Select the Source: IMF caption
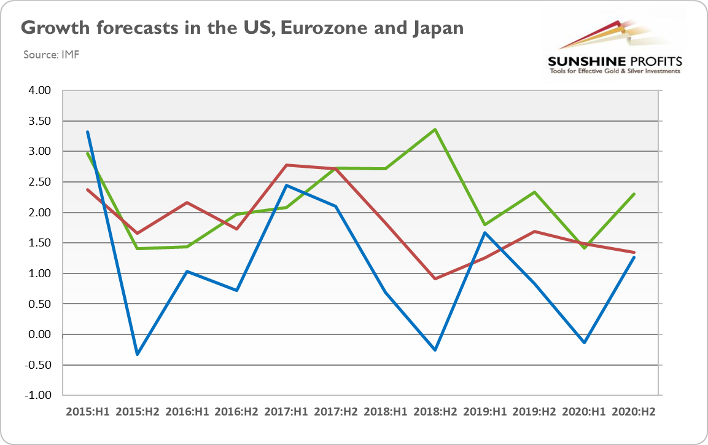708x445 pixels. (52, 55)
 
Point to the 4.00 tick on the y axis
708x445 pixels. (40, 91)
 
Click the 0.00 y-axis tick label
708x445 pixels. (40, 335)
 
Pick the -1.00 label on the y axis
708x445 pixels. (39, 395)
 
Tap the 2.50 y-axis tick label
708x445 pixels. (40, 183)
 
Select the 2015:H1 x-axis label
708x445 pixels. (88, 411)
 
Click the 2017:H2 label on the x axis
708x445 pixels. (336, 411)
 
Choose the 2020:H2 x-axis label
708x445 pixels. (634, 411)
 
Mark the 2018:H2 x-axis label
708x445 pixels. (435, 411)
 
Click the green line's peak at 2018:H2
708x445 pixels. (435, 130)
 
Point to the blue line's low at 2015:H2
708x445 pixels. (138, 355)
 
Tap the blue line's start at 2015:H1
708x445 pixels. (88, 132)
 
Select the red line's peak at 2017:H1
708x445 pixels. (286, 165)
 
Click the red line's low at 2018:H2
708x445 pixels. (435, 279)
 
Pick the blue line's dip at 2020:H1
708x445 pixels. (584, 342)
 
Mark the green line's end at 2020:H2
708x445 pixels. (634, 194)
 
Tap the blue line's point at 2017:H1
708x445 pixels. (286, 186)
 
